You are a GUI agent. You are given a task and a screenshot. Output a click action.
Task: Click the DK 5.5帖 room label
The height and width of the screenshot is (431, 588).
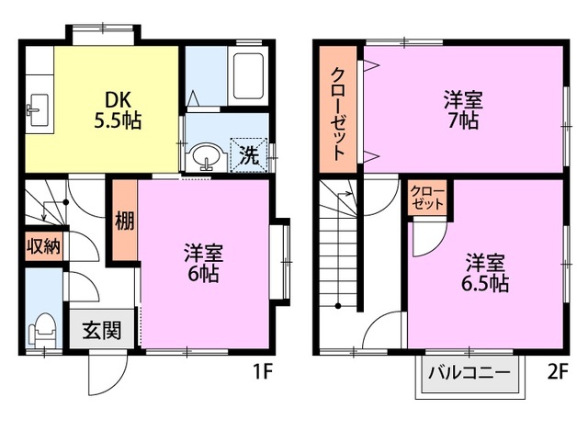[118, 110]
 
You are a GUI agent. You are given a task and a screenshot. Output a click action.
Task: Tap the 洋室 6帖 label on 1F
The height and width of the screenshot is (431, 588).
[204, 263]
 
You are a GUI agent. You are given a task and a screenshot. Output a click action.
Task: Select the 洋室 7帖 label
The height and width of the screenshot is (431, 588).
[463, 110]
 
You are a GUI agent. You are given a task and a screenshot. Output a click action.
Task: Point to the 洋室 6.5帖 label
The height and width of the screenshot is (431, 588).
[485, 273]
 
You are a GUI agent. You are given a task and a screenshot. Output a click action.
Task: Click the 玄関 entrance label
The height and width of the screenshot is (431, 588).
[102, 330]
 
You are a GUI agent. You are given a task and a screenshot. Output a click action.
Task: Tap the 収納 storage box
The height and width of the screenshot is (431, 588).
[44, 246]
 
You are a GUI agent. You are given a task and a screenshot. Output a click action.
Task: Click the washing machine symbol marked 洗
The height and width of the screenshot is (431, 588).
[249, 155]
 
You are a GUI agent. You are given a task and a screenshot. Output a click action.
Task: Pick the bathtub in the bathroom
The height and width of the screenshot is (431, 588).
[248, 76]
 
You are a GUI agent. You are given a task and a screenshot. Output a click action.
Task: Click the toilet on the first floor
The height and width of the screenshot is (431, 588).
[42, 330]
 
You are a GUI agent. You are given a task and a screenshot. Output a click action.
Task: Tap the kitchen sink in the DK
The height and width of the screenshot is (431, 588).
[39, 109]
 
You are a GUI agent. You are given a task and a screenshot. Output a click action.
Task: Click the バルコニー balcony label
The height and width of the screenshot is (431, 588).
[469, 373]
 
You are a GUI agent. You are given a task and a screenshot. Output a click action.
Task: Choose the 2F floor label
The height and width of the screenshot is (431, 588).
[558, 372]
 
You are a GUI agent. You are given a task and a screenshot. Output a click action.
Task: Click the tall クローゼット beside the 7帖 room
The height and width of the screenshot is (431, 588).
[337, 109]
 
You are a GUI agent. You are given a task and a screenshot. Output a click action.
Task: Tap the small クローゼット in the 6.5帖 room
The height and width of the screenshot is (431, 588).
[427, 198]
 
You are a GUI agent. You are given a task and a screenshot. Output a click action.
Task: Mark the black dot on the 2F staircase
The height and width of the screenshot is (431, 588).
[338, 306]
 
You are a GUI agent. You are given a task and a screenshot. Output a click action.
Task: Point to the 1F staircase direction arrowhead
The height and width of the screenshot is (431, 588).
[44, 217]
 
